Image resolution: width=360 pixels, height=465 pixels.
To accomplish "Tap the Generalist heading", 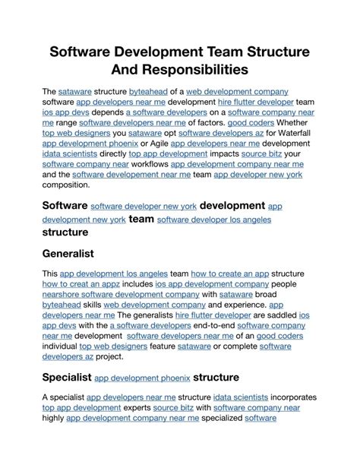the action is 68,253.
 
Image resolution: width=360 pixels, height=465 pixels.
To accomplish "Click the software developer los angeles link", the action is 214,220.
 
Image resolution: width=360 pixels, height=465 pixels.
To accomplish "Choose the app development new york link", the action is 84,220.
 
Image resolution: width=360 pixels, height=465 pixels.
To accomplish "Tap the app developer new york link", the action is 258,174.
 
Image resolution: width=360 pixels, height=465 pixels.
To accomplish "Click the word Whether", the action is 298,121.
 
